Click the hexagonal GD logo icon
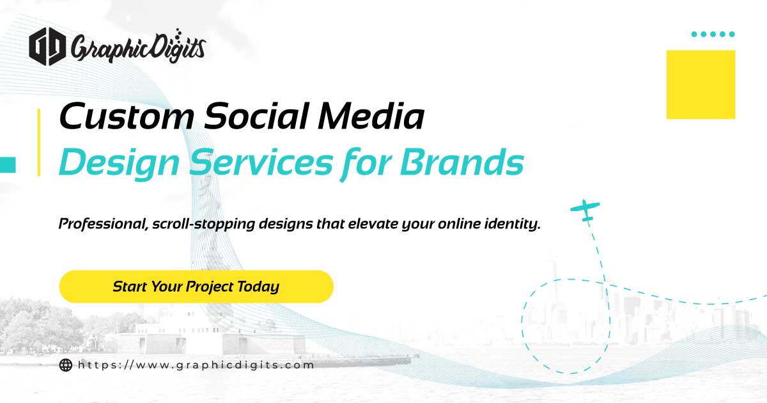(x=47, y=47)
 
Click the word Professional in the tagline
(x=97, y=225)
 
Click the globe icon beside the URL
(x=65, y=365)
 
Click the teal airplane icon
(x=585, y=210)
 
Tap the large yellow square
(x=701, y=84)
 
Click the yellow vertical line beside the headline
(x=38, y=142)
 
